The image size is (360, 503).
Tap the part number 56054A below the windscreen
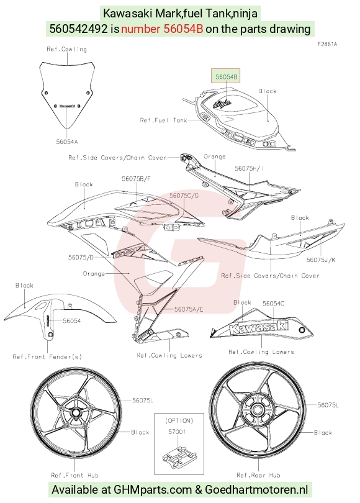coord(67,142)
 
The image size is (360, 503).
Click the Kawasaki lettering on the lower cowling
coord(259,327)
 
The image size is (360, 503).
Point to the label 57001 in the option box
coord(177,432)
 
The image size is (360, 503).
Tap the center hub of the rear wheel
coord(257,410)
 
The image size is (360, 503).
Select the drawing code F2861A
coord(327,44)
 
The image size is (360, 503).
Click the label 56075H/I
coord(249,168)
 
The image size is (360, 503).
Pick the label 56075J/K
coord(321,260)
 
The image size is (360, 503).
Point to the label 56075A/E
coord(189,309)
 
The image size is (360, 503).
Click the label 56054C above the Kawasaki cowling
coord(274,304)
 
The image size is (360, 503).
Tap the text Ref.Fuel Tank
coord(163,120)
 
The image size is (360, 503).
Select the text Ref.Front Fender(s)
coord(47,356)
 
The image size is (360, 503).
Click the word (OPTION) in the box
coord(179,420)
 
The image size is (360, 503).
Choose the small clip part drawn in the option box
coord(179,454)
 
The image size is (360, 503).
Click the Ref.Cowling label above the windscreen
coord(66,49)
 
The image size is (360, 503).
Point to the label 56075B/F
coord(136,179)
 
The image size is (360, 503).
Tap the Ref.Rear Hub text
coord(258,475)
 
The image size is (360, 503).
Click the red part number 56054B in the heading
coord(162,29)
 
